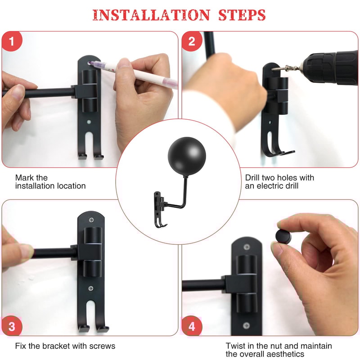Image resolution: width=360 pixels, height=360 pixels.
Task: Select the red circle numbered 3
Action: point(12,326)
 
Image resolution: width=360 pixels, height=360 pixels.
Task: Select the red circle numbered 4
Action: point(192,326)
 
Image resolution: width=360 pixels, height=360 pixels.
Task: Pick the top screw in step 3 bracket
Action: point(92,220)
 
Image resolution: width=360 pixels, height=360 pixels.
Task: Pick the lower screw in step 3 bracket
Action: point(91,288)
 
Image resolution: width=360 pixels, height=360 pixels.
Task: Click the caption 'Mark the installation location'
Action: point(50,182)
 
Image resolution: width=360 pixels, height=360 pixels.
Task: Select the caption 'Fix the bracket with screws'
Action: point(65,346)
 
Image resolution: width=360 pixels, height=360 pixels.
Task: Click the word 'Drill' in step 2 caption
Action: point(254,178)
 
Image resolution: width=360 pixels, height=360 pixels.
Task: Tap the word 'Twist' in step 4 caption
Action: point(236,346)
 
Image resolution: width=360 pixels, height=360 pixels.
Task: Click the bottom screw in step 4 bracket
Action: point(246,325)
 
